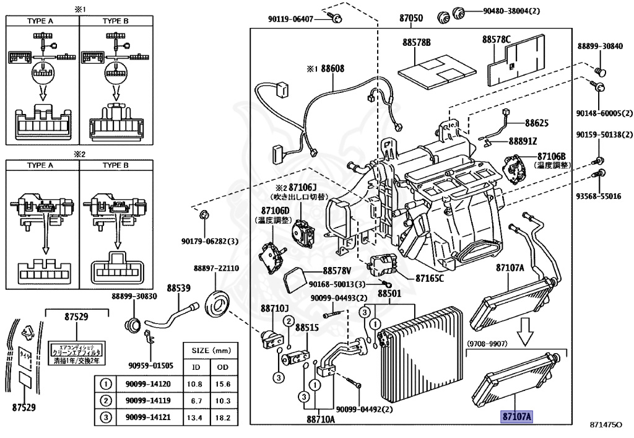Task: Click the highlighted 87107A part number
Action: point(516,416)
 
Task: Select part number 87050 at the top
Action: point(410,19)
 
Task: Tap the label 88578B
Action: point(416,43)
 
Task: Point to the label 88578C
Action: point(497,40)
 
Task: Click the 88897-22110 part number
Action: point(216,268)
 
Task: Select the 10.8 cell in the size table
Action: point(196,384)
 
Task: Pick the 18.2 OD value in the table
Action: point(222,418)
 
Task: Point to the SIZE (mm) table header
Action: point(208,351)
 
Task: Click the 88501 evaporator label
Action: point(389,292)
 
